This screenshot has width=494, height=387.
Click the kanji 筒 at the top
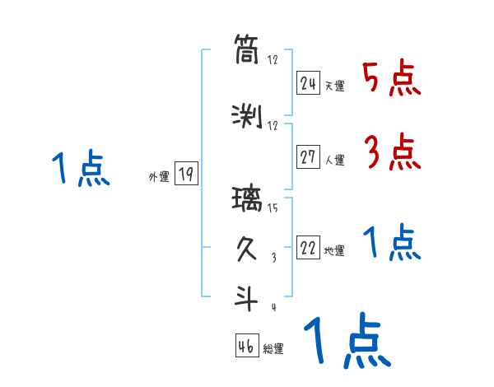pos(247,49)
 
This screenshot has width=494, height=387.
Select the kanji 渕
pos(247,117)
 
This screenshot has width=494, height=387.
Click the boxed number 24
pos(308,83)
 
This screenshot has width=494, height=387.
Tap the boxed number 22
pos(308,249)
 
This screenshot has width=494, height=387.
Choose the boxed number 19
pos(185,174)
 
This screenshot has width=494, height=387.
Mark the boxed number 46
pos(246,346)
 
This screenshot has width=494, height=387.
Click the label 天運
pos(334,86)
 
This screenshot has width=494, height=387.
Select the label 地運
pos(334,252)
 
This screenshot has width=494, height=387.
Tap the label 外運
pos(158,177)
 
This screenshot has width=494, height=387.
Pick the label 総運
pos(273,349)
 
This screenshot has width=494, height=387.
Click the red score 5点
pos(392,78)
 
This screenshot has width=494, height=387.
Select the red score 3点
pos(392,152)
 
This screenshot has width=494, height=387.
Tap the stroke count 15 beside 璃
pos(273,208)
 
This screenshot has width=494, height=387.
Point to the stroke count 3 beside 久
pos(273,258)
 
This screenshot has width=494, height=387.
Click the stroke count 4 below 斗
pos(273,307)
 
